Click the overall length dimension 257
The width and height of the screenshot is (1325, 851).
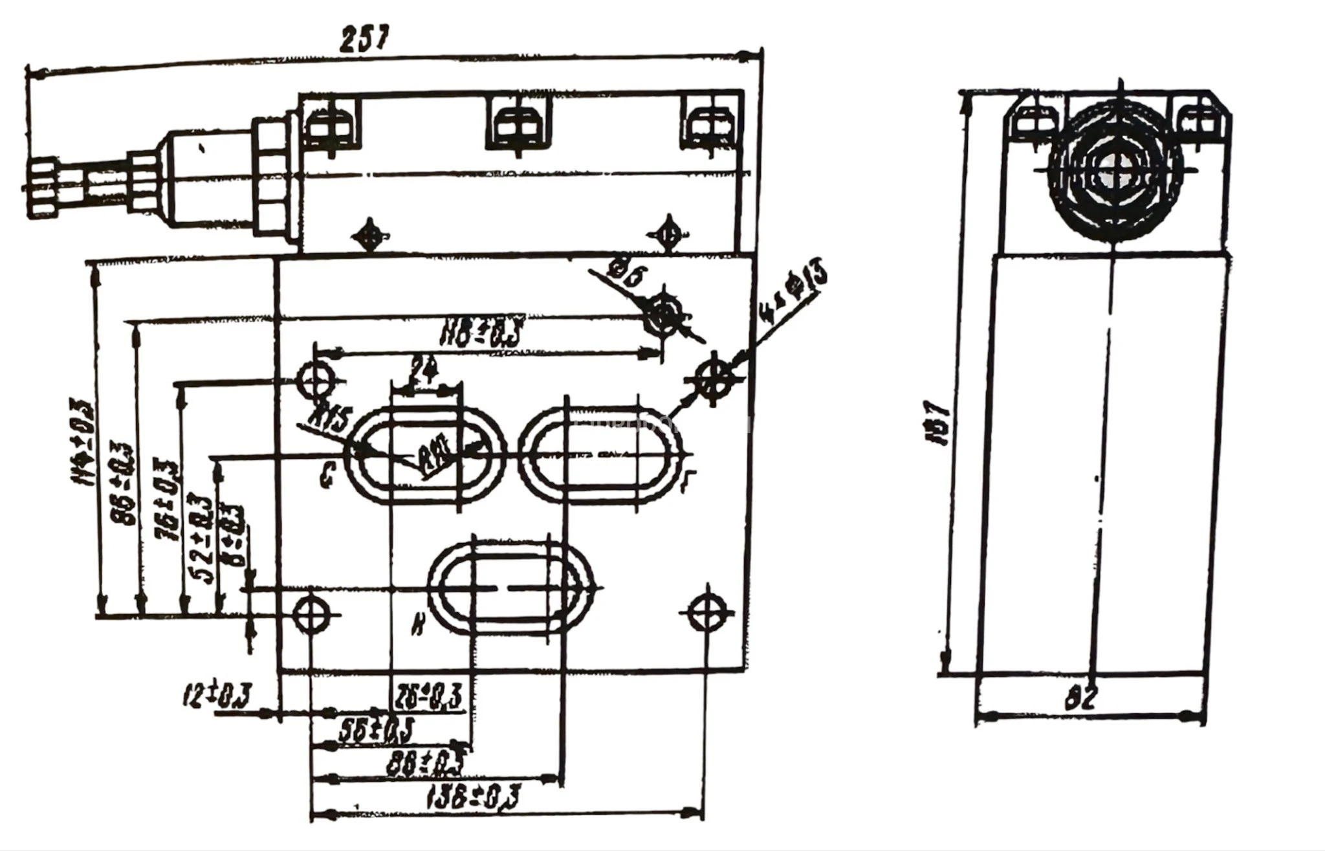pos(364,39)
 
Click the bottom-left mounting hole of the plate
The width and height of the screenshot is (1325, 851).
pos(311,613)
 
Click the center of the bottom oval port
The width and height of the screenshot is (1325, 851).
pos(510,588)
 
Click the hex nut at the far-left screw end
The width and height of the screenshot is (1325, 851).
pos(43,188)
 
